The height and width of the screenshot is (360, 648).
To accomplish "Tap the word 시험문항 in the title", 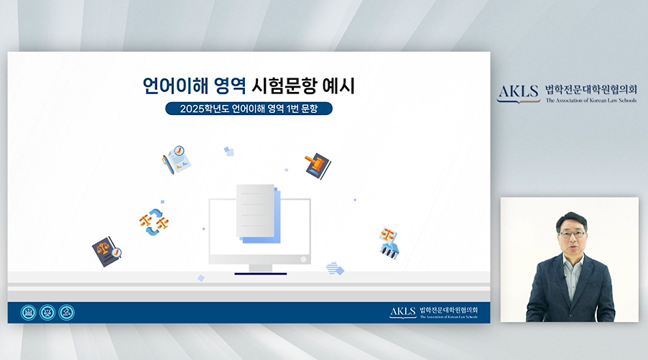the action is click(284, 86).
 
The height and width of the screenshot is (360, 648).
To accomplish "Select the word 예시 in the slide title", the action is click(340, 86).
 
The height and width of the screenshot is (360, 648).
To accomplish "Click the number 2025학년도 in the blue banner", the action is click(204, 109).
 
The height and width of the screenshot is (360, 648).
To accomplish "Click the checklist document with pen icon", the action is click(177, 160).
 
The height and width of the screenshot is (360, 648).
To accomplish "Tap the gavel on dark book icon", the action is click(318, 165).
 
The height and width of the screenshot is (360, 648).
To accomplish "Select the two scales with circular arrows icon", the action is click(154, 222).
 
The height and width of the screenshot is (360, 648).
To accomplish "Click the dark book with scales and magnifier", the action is click(106, 251).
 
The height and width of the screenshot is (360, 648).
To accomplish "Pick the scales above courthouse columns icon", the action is click(389, 243).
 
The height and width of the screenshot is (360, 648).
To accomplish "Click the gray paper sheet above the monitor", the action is click(256, 211).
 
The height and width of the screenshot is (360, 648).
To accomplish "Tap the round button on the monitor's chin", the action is click(303, 259).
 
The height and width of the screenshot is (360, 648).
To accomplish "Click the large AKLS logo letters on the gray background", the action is click(518, 92).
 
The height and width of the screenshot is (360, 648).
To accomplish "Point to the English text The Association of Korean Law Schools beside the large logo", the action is click(591, 101).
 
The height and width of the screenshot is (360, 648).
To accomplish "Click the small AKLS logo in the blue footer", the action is click(402, 311).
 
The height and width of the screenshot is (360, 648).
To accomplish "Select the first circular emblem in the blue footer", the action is click(29, 313).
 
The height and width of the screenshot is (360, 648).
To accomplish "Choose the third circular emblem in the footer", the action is click(67, 313).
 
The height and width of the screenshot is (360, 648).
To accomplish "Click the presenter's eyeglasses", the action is click(572, 234).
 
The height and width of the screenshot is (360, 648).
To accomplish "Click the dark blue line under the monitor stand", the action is click(260, 274).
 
